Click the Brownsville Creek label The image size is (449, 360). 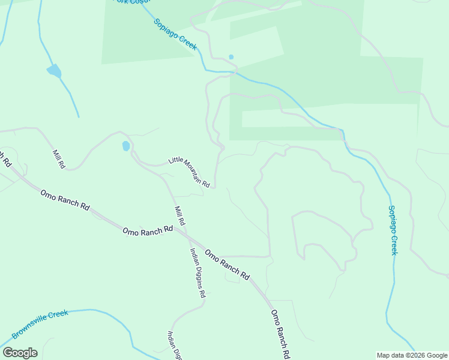tap(40, 325)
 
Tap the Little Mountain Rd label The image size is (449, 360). tap(188, 172)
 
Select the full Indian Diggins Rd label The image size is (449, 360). tap(198, 273)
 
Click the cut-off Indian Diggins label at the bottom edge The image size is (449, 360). tap(174, 346)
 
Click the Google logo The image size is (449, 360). tap(20, 352)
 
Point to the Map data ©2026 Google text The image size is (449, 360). tap(412, 355)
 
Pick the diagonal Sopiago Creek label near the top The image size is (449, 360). tap(175, 34)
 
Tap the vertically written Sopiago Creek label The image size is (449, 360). tap(393, 230)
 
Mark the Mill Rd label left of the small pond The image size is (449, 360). tap(58, 159)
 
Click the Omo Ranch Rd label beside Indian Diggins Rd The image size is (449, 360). tap(227, 265)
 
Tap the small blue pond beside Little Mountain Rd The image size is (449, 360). tap(125, 146)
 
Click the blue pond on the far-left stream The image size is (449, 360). tap(53, 71)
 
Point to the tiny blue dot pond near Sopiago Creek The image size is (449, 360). tap(231, 57)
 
